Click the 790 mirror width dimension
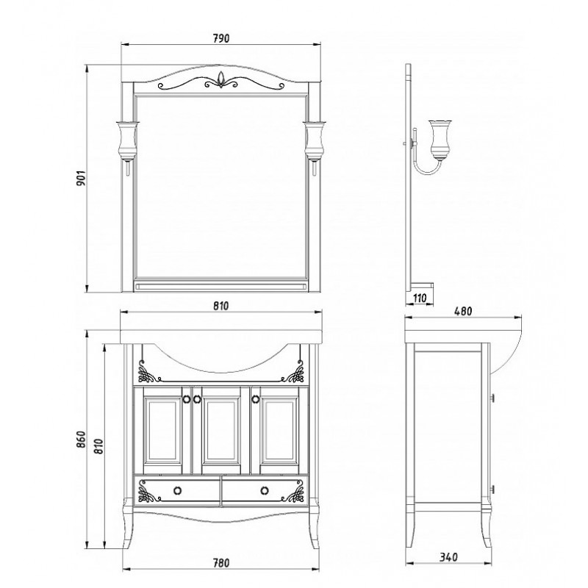tap(221, 38)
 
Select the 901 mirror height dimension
tap(82, 178)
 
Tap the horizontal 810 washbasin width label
tap(221, 306)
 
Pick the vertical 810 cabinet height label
tap(98, 446)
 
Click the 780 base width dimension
tap(221, 563)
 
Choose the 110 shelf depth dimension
tap(420, 298)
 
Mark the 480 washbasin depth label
tap(463, 311)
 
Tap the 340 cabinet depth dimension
tap(448, 557)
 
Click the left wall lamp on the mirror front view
tap(126, 146)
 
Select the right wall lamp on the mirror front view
tap(315, 146)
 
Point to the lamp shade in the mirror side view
tap(440, 139)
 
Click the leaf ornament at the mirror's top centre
tap(221, 79)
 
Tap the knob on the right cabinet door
tap(256, 399)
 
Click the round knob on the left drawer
tap(177, 490)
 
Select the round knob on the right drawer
tap(265, 490)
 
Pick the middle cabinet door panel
tap(221, 430)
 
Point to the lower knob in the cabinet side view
tap(492, 489)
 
